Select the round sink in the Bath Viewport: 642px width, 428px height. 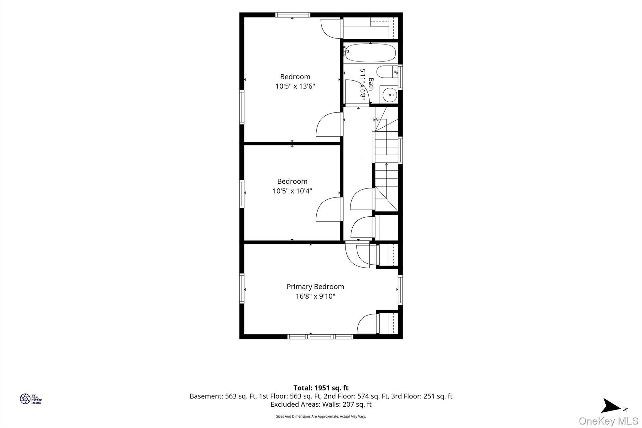click(x=390, y=94)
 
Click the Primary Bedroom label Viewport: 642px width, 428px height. click(x=315, y=287)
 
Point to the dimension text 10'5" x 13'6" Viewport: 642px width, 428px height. click(x=295, y=86)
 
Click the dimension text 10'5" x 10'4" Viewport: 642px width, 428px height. click(x=292, y=191)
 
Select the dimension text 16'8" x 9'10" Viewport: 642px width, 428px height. click(x=315, y=296)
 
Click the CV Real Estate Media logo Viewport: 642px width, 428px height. click(x=31, y=399)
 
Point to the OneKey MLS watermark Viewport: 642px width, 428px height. click(x=608, y=420)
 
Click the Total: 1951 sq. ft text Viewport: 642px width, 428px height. click(x=321, y=388)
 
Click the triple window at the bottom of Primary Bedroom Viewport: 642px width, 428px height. click(x=320, y=336)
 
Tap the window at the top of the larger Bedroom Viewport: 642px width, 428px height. click(x=293, y=15)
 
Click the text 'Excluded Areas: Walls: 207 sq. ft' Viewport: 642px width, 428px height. click(x=321, y=404)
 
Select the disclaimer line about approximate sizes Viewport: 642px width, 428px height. click(x=321, y=416)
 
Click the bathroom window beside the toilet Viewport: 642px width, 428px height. click(x=400, y=77)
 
